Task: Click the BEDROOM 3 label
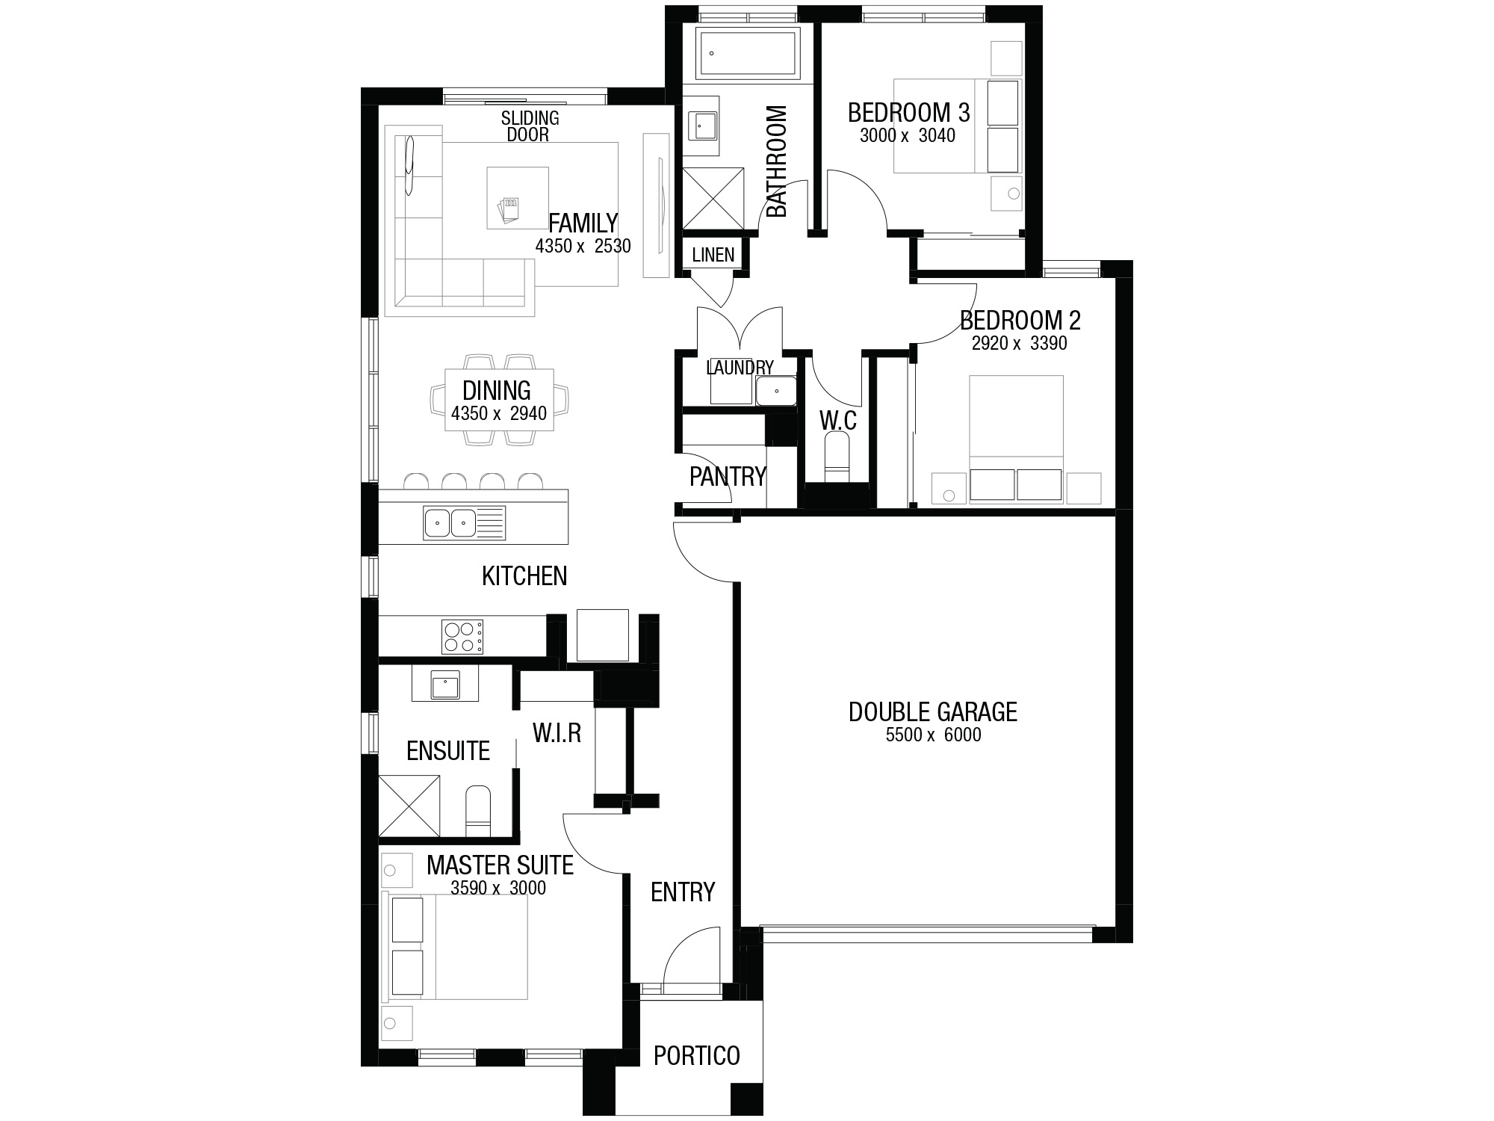[908, 113]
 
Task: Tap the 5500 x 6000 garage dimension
[933, 735]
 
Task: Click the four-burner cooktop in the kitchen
[462, 636]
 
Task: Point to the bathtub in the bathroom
[748, 53]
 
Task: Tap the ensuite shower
[409, 806]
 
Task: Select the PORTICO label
[697, 1055]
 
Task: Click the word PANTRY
[728, 476]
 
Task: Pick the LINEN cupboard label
[713, 255]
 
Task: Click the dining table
[499, 400]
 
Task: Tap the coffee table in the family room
[518, 198]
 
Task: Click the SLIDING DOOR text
[530, 126]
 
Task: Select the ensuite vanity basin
[445, 685]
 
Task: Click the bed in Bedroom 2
[1016, 439]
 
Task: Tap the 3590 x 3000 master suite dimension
[498, 889]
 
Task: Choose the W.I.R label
[557, 733]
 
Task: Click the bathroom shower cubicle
[714, 198]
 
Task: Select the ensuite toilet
[478, 812]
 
